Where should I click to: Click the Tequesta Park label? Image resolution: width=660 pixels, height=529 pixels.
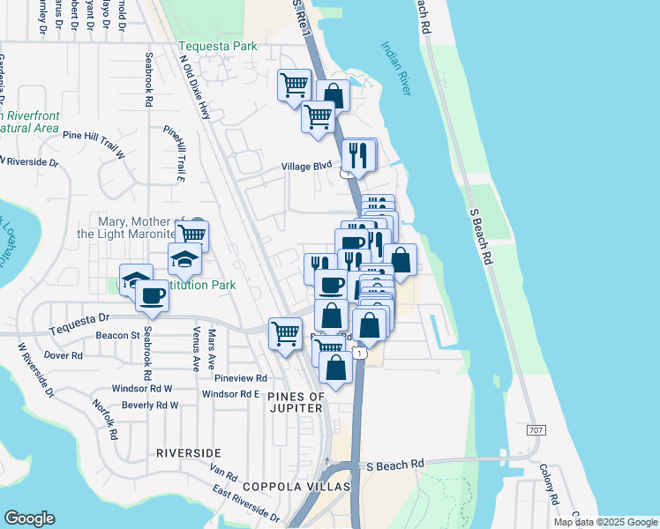point(217,46)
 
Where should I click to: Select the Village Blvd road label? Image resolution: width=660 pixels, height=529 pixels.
point(306,166)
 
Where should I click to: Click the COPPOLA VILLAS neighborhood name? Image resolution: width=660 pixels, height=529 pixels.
point(290,487)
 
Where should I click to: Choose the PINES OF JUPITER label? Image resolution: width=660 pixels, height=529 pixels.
point(296,404)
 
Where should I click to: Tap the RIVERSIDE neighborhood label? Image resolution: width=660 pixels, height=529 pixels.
point(188,452)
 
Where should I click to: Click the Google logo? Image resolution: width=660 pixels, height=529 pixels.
point(29,518)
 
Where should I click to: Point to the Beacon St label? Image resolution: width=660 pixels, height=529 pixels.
point(118,336)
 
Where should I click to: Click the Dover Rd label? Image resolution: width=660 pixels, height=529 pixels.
point(63,356)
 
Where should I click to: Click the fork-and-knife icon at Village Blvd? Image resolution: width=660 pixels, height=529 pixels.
point(358,155)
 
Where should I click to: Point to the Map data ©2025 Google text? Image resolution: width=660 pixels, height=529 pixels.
point(604,522)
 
